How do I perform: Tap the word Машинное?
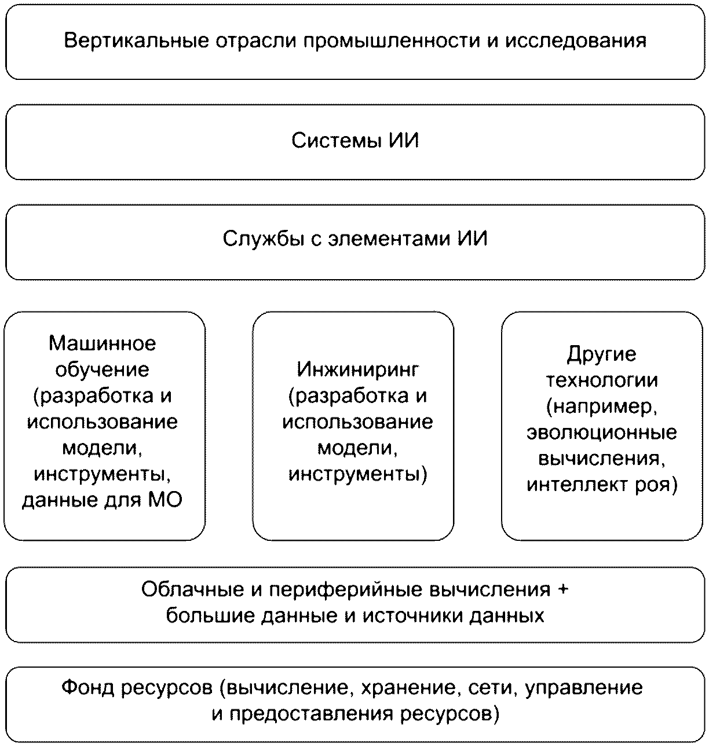click(103, 343)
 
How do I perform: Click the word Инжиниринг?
click(357, 369)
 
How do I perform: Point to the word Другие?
click(601, 354)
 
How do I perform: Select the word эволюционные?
click(601, 433)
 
